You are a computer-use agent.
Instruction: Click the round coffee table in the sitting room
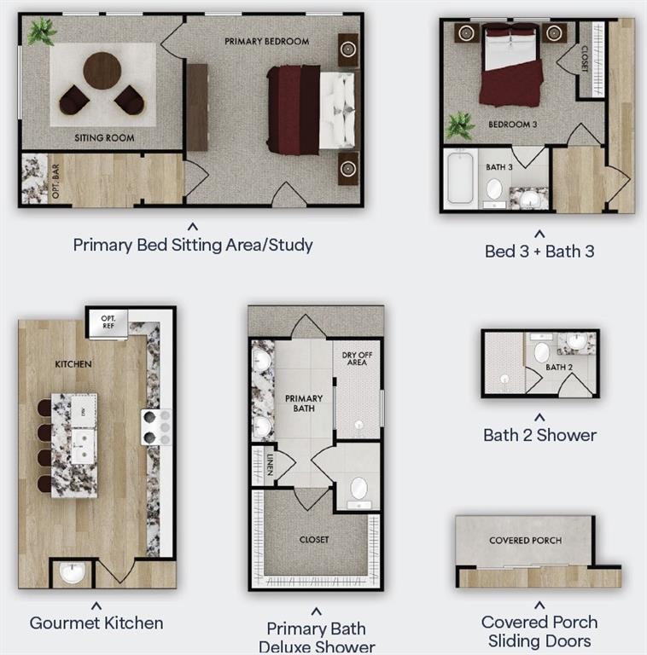tap(102, 70)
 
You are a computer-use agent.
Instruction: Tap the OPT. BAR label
tap(56, 181)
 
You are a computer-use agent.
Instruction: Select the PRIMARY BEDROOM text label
tap(266, 41)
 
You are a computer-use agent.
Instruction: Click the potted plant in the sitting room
tap(41, 32)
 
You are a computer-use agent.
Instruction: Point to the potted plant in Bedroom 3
tap(460, 125)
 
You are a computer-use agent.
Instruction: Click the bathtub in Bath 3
tap(460, 177)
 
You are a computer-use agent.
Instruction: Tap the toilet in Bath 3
tap(494, 192)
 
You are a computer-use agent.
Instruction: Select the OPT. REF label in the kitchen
tap(108, 322)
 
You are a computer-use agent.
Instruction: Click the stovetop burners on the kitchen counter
tap(156, 427)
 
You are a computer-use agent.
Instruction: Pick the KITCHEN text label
tap(73, 364)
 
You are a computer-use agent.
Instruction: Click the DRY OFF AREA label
tap(357, 358)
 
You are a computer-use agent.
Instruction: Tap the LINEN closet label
tap(271, 465)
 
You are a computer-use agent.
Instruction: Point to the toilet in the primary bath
tap(358, 492)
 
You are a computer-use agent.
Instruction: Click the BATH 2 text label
tap(559, 368)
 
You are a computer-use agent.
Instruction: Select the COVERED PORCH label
tap(526, 540)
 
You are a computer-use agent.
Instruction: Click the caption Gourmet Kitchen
tap(96, 623)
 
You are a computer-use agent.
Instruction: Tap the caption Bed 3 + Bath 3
tap(539, 251)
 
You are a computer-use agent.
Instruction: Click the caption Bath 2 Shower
tap(539, 435)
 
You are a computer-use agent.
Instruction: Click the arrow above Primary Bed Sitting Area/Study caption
tap(192, 227)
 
